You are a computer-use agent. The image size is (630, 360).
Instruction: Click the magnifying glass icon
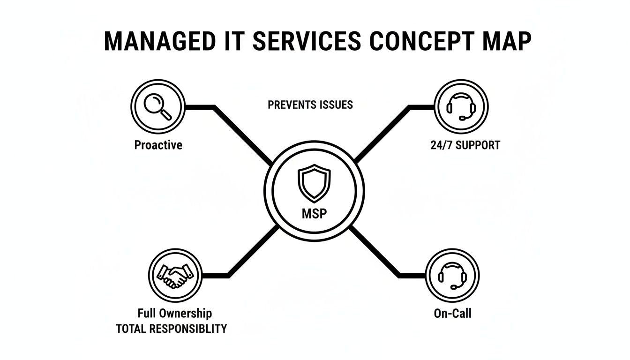click(x=158, y=106)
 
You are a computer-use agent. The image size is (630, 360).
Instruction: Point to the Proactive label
click(x=158, y=145)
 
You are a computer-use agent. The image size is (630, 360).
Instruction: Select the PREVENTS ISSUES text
click(x=310, y=105)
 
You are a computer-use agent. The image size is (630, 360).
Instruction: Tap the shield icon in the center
click(x=314, y=182)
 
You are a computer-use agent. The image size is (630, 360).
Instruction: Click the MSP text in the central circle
click(x=314, y=214)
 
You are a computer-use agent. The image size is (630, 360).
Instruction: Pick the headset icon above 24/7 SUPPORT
click(x=461, y=106)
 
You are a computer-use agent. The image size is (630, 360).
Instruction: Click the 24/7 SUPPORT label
click(x=465, y=145)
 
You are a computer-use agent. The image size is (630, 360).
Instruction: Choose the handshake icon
click(x=175, y=276)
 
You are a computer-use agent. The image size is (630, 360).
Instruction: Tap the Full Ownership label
click(x=174, y=313)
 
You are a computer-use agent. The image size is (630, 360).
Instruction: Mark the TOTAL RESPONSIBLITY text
click(x=171, y=329)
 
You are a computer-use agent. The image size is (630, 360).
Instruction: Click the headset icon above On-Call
click(x=452, y=275)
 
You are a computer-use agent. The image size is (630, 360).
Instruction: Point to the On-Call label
click(x=452, y=313)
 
